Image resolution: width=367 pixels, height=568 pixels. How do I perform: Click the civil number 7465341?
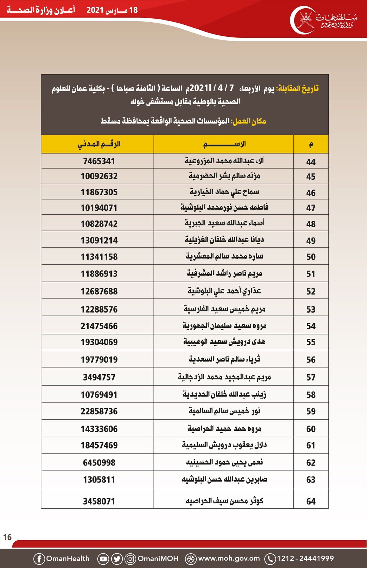click(x=99, y=161)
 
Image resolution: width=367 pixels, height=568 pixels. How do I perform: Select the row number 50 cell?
click(x=311, y=257)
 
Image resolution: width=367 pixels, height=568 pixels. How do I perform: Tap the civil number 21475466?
click(x=99, y=326)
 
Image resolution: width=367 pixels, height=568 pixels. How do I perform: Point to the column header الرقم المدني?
click(x=99, y=144)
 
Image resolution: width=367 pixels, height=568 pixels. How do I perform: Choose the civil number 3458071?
click(x=99, y=501)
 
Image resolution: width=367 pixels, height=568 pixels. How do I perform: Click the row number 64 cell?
click(x=311, y=501)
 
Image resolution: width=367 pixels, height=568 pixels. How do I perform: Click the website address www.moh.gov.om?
click(x=229, y=558)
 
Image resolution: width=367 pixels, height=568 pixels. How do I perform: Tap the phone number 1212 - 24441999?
click(x=305, y=558)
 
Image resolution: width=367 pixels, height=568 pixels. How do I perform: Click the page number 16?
click(x=7, y=537)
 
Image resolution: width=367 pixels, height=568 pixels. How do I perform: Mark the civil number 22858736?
click(x=99, y=411)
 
